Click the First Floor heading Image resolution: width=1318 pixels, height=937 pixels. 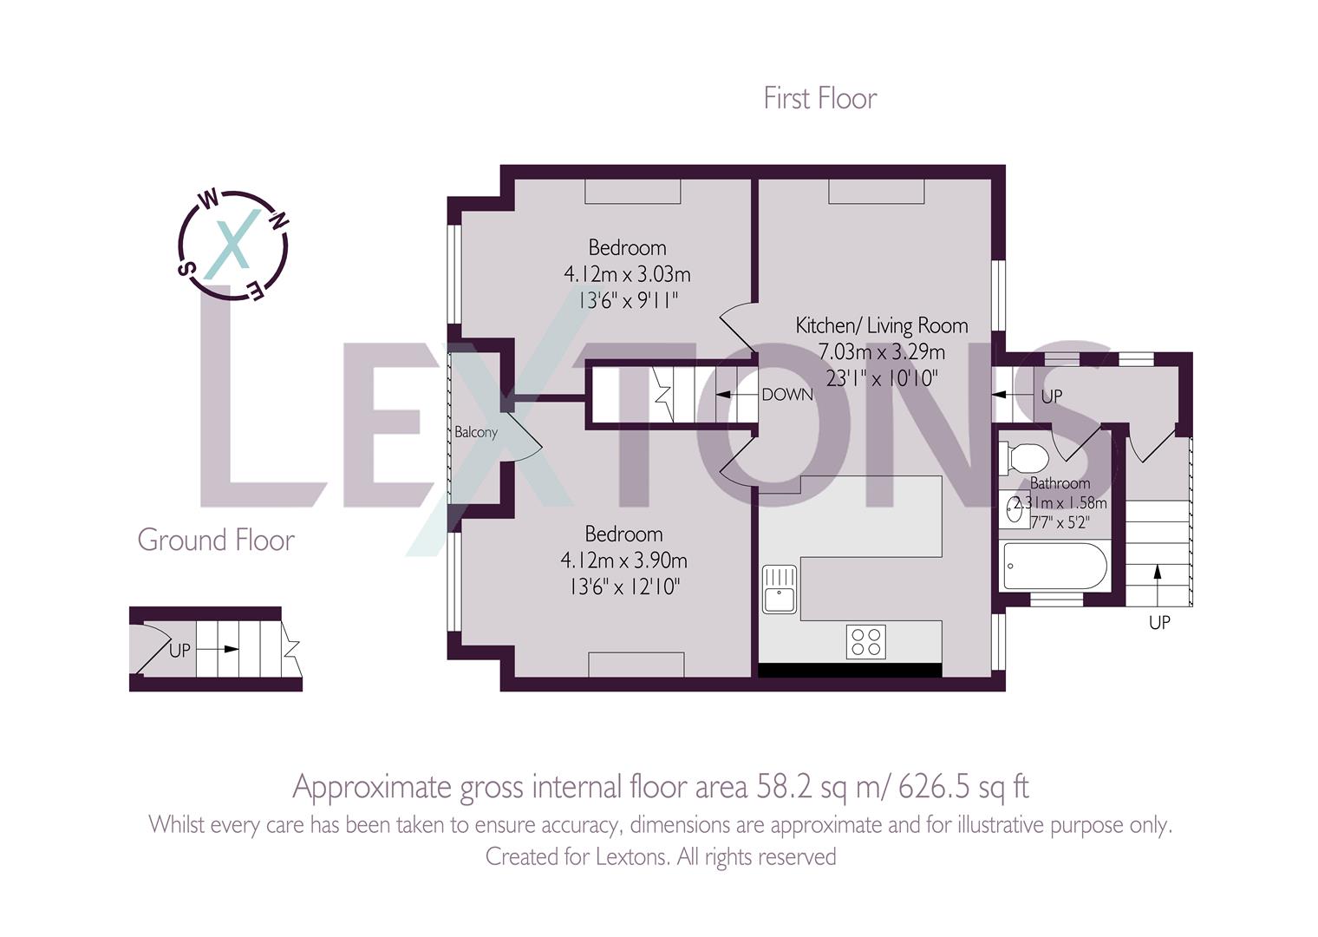[x=819, y=98]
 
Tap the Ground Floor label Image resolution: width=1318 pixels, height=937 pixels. [x=216, y=540]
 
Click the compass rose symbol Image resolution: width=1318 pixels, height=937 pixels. [x=232, y=246]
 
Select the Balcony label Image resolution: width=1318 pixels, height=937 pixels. [x=476, y=431]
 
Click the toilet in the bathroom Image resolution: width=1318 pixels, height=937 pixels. [x=1025, y=457]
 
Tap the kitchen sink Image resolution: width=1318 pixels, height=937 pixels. [x=779, y=588]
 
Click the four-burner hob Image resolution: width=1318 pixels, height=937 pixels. [x=865, y=642]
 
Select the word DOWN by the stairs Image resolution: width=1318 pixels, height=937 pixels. [x=786, y=395]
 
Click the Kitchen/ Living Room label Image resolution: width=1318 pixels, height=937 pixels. [x=881, y=325]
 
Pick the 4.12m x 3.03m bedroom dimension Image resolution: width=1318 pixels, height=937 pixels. [x=627, y=275]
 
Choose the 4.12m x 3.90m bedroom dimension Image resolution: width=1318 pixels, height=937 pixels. [x=623, y=560]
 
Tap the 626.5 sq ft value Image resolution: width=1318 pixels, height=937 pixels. [x=962, y=787]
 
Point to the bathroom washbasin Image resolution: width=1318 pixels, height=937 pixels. [x=1013, y=509]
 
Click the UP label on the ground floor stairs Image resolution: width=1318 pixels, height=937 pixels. [x=179, y=650]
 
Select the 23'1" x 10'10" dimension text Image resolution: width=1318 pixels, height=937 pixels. [x=881, y=378]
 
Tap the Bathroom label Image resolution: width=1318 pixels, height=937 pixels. [x=1060, y=483]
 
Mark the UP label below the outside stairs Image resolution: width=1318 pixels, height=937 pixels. [x=1158, y=622]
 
